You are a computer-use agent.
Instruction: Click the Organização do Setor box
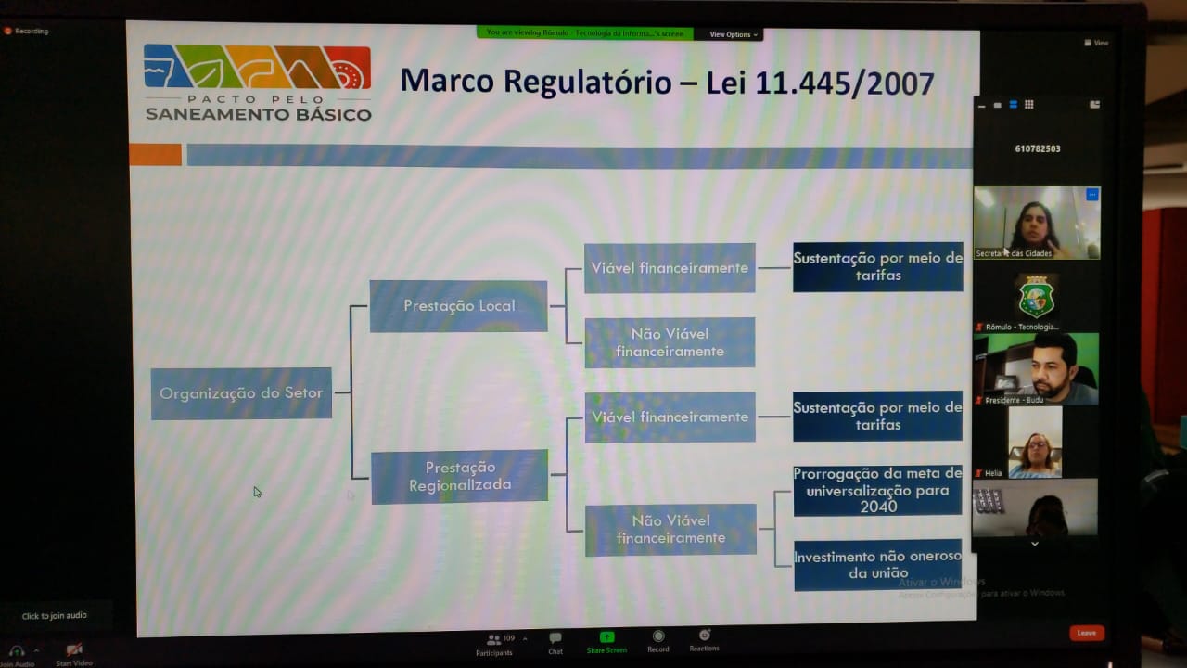point(241,393)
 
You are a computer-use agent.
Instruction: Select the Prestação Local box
point(459,306)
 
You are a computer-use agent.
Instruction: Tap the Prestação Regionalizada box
point(460,476)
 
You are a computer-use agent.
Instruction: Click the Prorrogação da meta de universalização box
point(877,490)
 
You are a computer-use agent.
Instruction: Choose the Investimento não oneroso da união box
point(877,565)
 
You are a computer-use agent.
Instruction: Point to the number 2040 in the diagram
point(877,507)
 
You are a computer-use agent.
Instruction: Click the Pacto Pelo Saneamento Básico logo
point(258,83)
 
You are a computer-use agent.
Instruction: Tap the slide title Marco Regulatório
point(666,82)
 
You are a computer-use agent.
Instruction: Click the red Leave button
point(1086,633)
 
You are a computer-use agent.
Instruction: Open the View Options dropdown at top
point(734,34)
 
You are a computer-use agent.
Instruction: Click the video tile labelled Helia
point(1035,443)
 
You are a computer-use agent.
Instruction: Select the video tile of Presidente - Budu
point(1036,368)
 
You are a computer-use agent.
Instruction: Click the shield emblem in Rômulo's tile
point(1036,297)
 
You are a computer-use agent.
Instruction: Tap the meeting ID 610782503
point(1038,148)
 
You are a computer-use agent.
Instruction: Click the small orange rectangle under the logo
point(155,155)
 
